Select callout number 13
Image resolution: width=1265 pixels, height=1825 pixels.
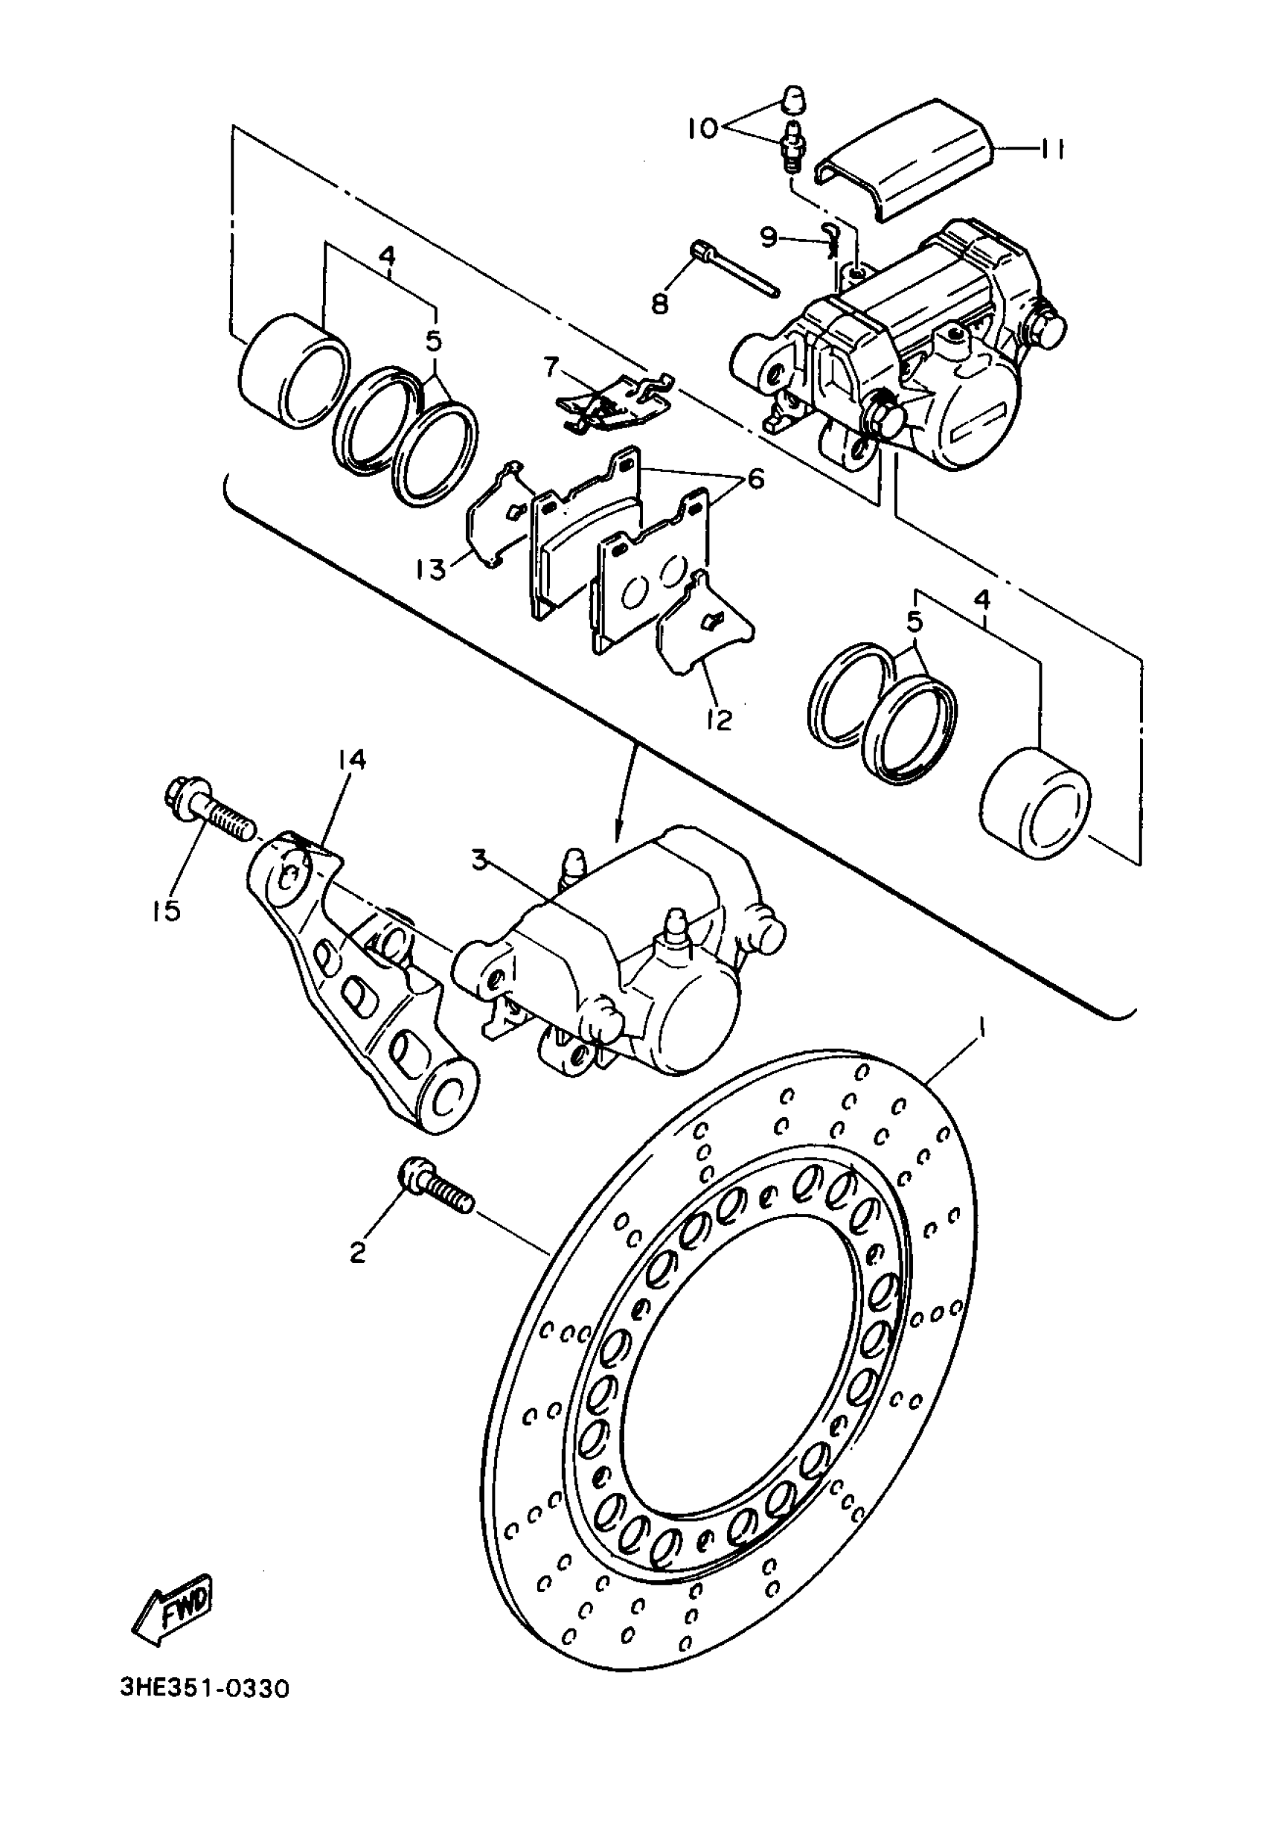coord(432,569)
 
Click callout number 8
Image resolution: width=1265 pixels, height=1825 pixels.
coord(659,303)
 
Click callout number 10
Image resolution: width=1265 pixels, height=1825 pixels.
coord(702,127)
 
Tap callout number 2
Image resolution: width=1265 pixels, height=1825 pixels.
coord(357,1253)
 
